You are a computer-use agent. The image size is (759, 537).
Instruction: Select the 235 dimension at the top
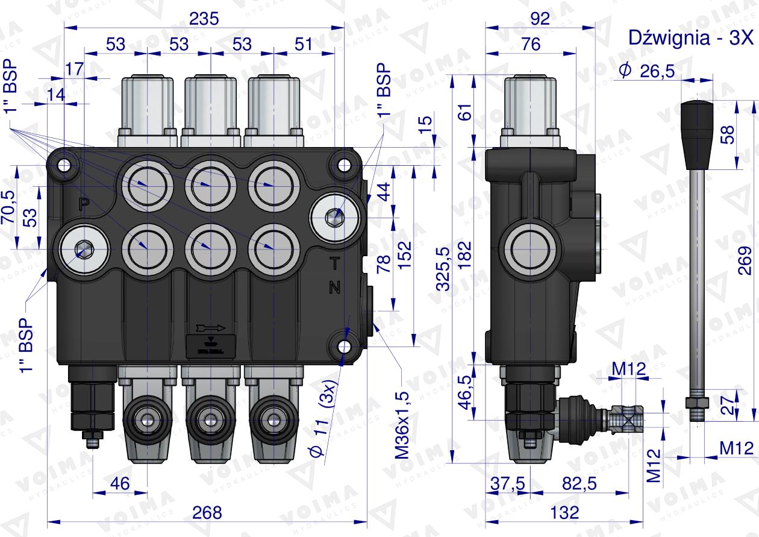coord(204,19)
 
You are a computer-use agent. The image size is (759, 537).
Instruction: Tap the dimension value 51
coord(304,44)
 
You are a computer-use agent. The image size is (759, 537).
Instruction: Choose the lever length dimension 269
coord(745,260)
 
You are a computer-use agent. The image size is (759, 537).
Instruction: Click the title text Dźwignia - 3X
coord(690,37)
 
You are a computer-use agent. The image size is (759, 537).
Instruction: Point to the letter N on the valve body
coord(334,287)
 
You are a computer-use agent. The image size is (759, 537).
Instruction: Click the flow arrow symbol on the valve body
coord(210,328)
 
